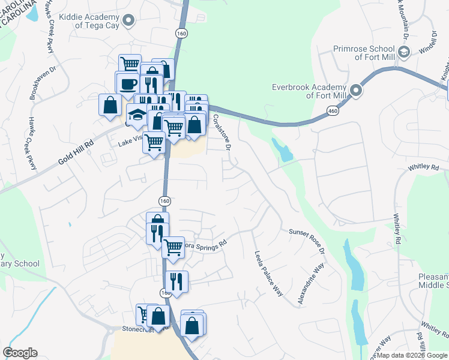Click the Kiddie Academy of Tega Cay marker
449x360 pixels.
tap(128, 22)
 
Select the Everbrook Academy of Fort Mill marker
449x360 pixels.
tap(356, 91)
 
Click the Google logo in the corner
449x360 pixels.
tap(20, 353)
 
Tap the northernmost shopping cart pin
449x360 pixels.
tap(130, 64)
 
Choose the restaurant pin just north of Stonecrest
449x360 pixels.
tap(177, 280)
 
